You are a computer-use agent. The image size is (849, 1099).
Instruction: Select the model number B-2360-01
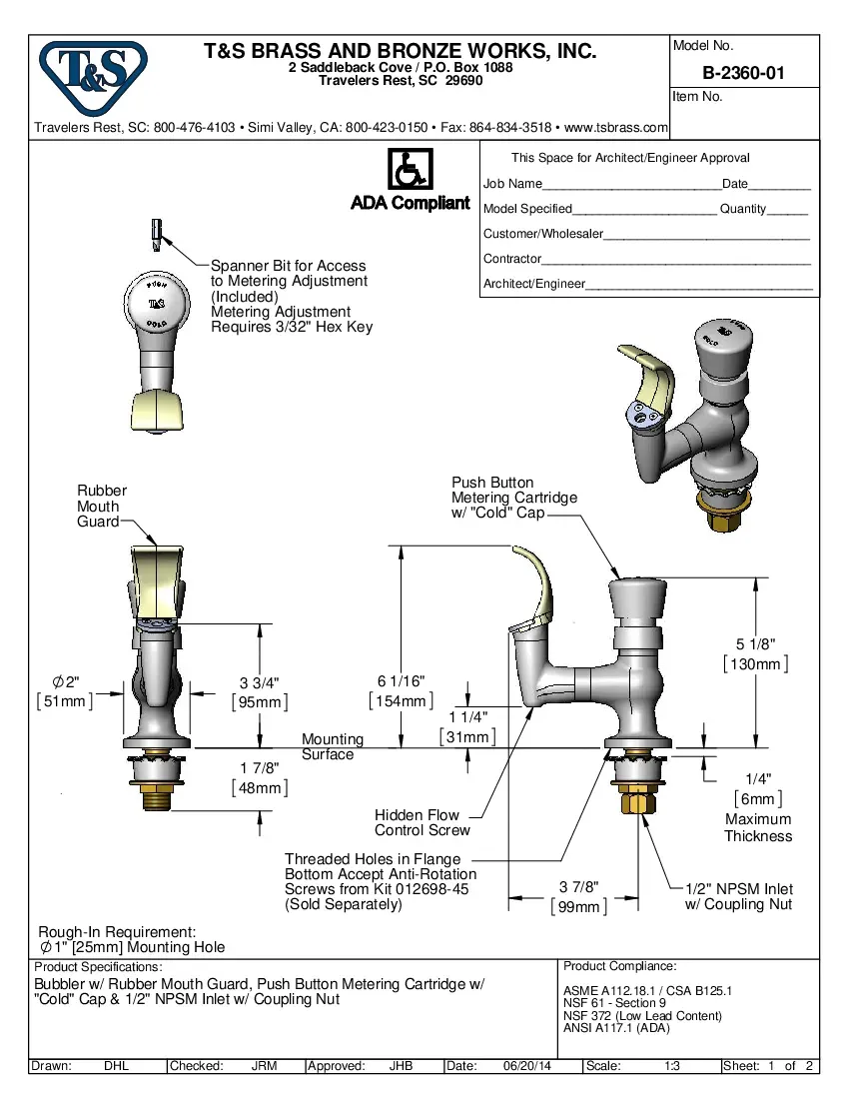(743, 73)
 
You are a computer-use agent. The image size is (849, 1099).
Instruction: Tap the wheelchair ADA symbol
(409, 169)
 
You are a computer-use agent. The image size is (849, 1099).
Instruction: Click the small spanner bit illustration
(156, 233)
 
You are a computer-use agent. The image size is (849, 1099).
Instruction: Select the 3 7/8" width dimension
(578, 887)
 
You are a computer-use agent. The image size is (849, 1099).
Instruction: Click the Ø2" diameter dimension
(64, 681)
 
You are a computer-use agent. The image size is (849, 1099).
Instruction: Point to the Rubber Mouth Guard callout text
(102, 506)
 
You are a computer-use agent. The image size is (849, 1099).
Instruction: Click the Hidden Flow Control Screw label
(422, 822)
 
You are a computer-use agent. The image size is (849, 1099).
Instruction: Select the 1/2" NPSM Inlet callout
(738, 896)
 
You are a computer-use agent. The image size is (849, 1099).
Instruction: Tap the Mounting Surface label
(333, 746)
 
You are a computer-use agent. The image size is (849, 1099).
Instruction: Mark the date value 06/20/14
(527, 1066)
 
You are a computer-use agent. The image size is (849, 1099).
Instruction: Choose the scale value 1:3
(672, 1066)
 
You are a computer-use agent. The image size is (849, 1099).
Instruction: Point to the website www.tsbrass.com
(616, 128)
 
